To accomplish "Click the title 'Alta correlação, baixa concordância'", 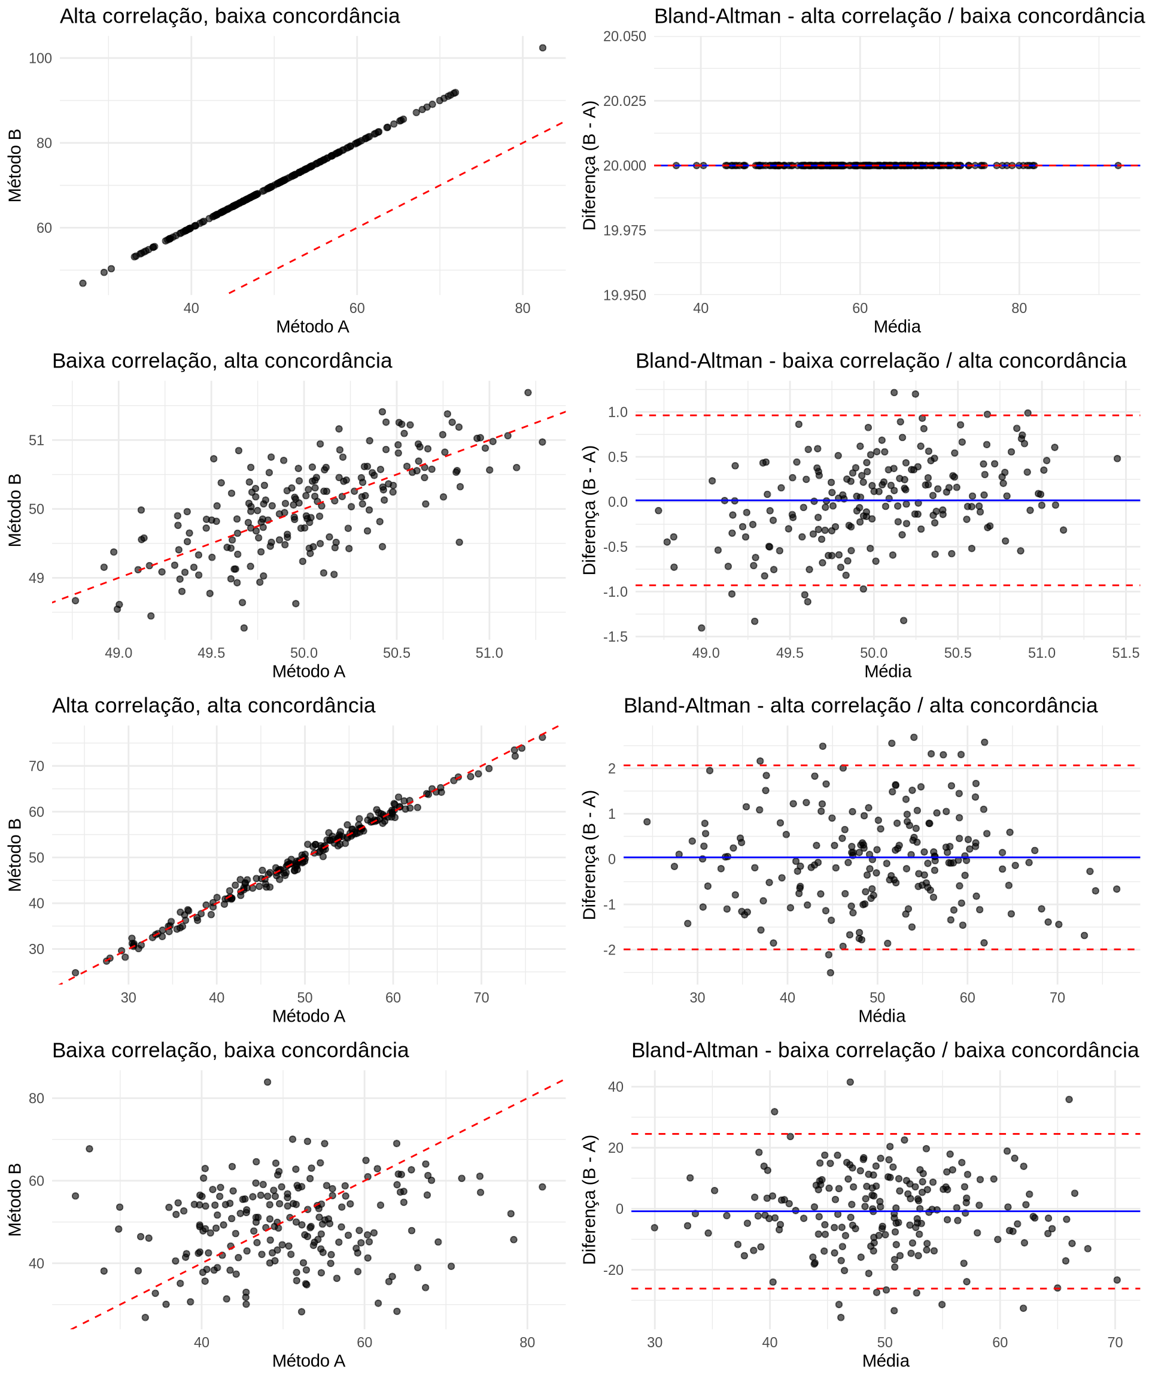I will (x=229, y=16).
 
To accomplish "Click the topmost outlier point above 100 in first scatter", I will (x=542, y=48).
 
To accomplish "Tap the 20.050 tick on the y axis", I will (x=624, y=36).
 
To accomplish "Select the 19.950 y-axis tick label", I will (x=624, y=295).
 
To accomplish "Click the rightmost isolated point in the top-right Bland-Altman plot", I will (x=1118, y=165).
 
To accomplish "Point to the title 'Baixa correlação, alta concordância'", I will (x=222, y=360).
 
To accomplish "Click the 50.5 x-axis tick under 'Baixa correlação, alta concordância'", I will (x=397, y=653).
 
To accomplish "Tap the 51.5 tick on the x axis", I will (x=1126, y=653).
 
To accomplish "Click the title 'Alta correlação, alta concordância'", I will (x=214, y=705).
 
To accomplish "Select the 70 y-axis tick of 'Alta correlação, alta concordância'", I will (x=37, y=766).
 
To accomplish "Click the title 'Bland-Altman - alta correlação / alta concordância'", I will (x=860, y=705).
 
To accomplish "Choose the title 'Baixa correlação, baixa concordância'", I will (x=230, y=1050).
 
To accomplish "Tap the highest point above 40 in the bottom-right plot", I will (x=850, y=1082).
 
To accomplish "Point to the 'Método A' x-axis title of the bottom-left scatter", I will (x=309, y=1360).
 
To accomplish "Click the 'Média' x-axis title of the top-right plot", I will (x=897, y=326).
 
